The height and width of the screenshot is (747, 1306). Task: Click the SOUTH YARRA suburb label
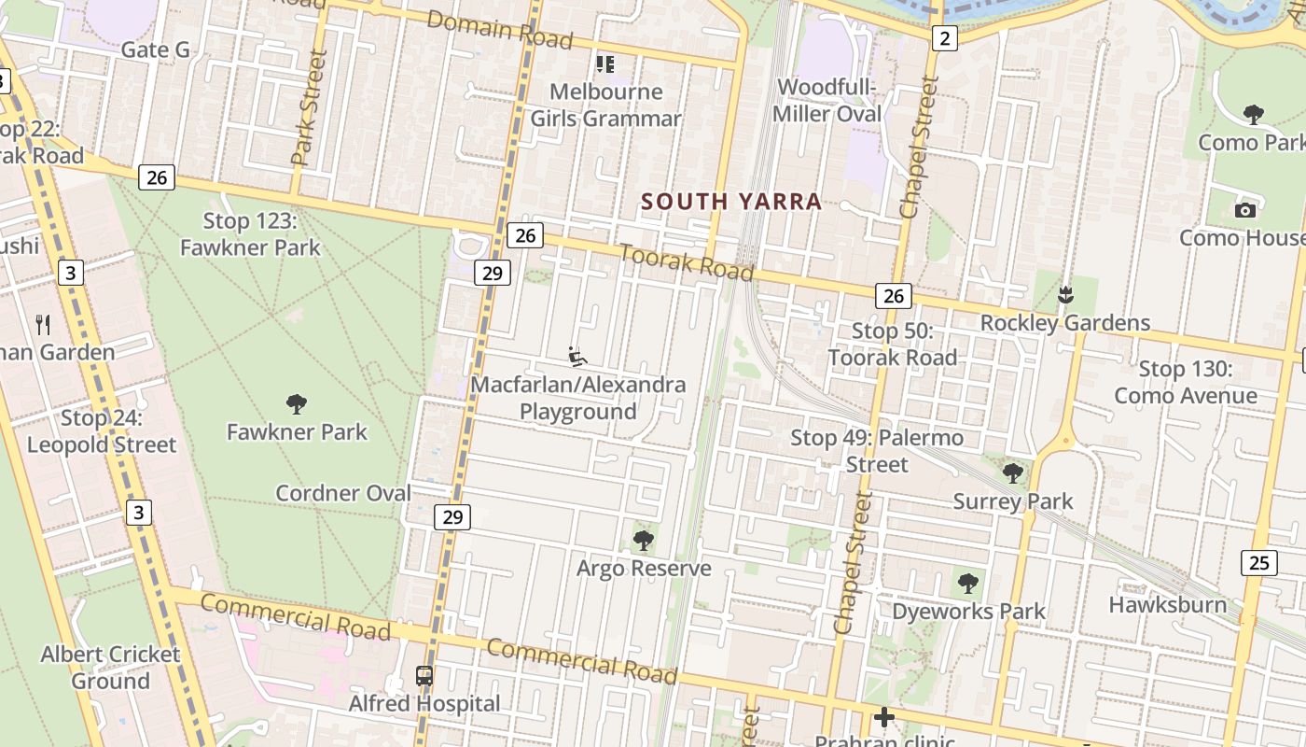tap(731, 202)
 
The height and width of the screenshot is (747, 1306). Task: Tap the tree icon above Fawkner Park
tap(297, 404)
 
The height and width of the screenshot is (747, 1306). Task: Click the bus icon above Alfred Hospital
tap(424, 675)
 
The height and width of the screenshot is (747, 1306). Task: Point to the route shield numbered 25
tap(1259, 562)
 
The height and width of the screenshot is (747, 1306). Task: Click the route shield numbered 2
tap(945, 38)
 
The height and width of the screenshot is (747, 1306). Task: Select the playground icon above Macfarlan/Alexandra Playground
tap(577, 357)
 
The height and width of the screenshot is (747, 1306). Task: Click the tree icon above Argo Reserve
tap(643, 541)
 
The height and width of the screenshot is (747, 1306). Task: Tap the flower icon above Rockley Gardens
tap(1064, 296)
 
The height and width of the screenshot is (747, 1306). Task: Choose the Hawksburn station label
tap(1167, 604)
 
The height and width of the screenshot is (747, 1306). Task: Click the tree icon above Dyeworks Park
tap(968, 584)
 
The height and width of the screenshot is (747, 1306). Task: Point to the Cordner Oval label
tap(342, 493)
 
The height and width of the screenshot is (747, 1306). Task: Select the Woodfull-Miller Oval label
tap(828, 100)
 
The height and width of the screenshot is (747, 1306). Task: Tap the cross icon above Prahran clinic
tap(883, 717)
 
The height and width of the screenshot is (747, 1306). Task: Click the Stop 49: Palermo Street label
tap(877, 450)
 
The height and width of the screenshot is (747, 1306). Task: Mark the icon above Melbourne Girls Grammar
tap(605, 64)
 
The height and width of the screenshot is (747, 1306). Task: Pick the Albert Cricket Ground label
tap(110, 667)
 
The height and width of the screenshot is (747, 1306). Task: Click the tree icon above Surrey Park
tap(1012, 473)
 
